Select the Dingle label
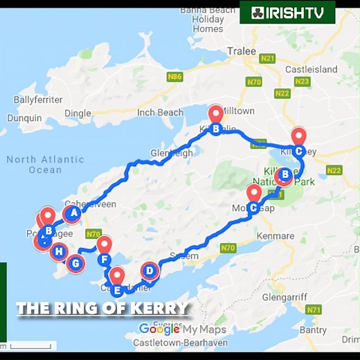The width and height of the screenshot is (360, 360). pyautogui.click(x=77, y=113)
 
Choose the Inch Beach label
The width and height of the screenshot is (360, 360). pyautogui.click(x=160, y=112)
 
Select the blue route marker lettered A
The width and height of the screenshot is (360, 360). pyautogui.click(x=72, y=214)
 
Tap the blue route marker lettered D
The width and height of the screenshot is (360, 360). pyautogui.click(x=150, y=270)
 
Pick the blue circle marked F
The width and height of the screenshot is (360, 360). pyautogui.click(x=105, y=260)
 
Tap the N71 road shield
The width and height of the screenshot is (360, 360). pyautogui.click(x=314, y=309)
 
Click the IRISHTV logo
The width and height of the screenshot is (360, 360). pyautogui.click(x=287, y=12)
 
